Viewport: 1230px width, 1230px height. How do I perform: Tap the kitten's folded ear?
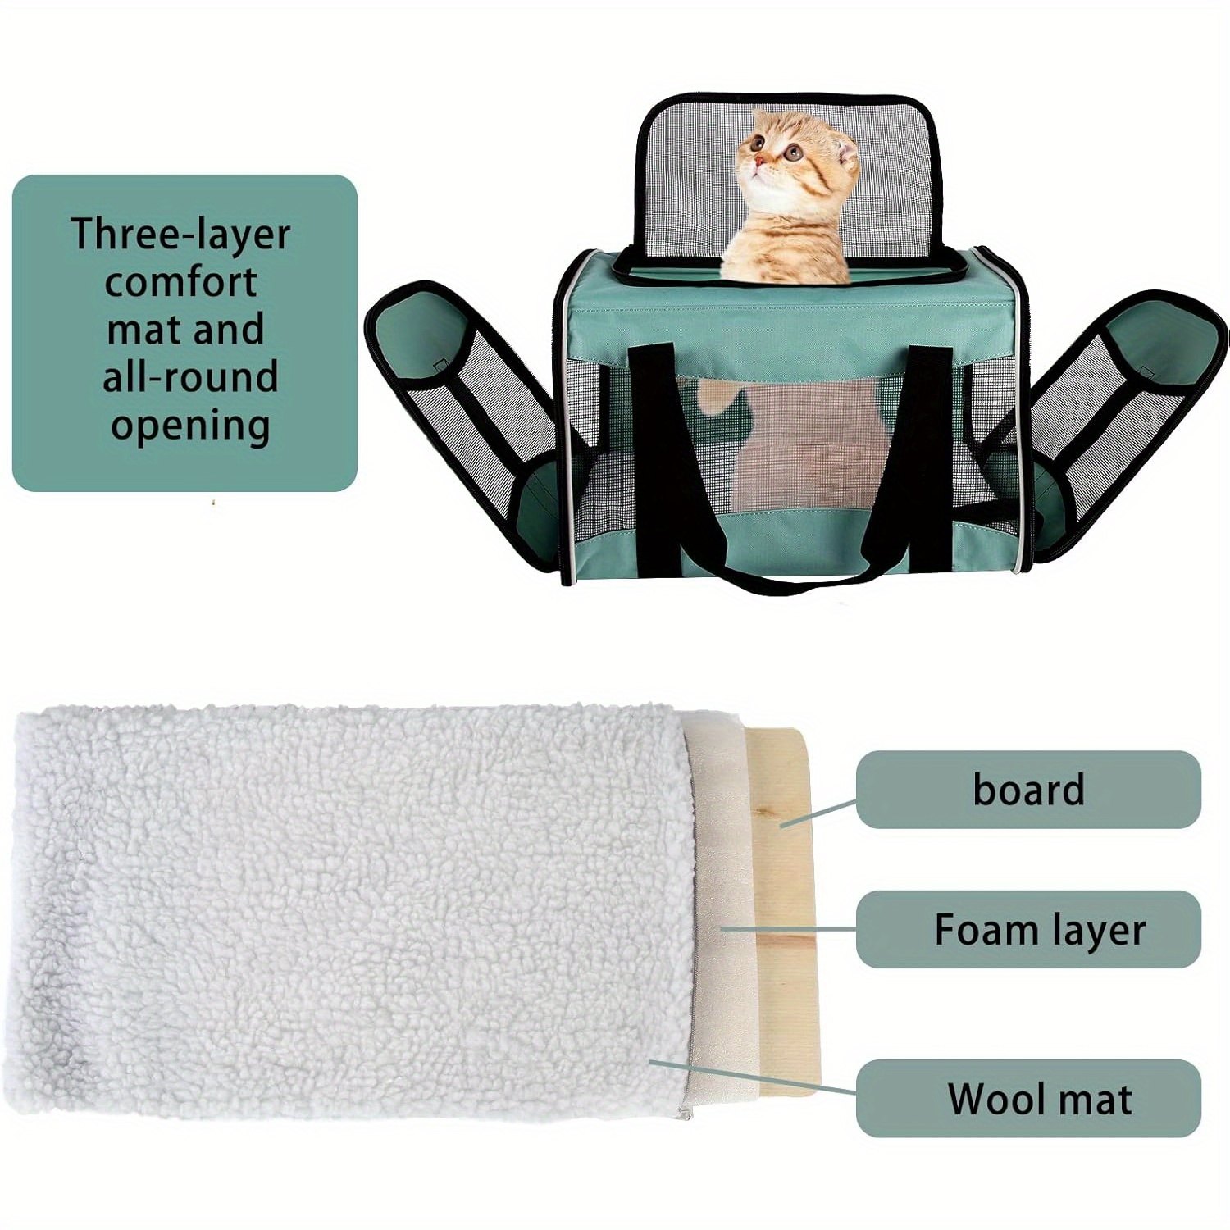(x=844, y=153)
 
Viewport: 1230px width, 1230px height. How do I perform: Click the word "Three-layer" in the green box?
(x=180, y=234)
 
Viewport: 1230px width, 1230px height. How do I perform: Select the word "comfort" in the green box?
(x=181, y=283)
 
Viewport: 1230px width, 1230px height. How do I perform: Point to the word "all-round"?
(x=190, y=377)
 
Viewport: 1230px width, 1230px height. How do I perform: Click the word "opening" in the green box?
(x=190, y=426)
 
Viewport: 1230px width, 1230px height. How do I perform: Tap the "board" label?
(x=1028, y=790)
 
